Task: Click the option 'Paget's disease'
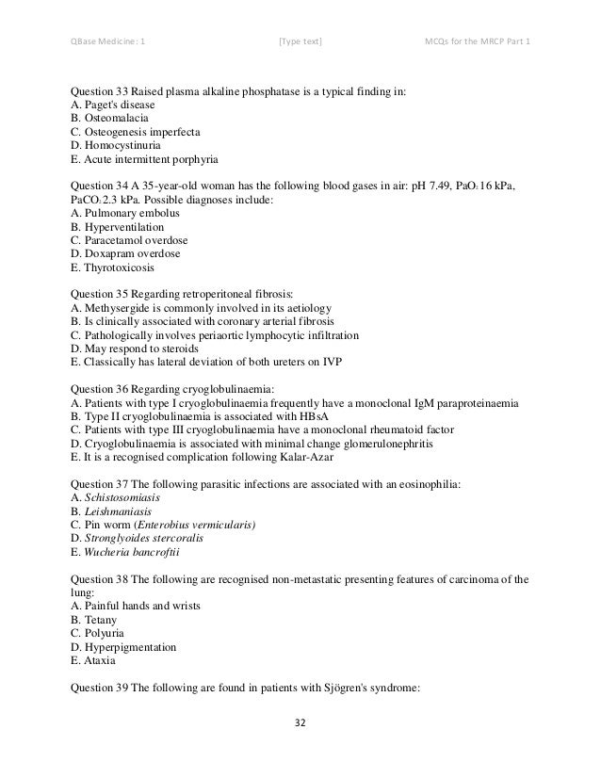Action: point(115,106)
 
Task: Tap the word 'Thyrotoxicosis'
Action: point(120,267)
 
